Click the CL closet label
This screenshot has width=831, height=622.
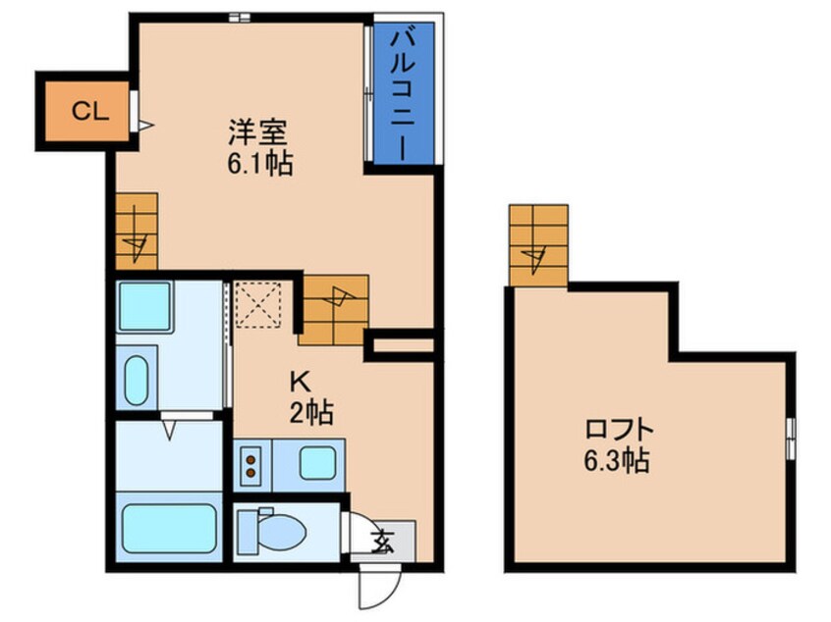click(x=88, y=111)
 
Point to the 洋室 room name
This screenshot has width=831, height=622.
click(x=259, y=131)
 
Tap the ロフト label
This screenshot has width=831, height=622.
click(x=618, y=430)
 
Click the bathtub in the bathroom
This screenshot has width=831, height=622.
click(x=168, y=530)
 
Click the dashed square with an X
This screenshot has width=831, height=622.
click(x=258, y=303)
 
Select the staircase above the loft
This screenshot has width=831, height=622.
click(x=538, y=245)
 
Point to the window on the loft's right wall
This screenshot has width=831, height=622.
click(x=791, y=433)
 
